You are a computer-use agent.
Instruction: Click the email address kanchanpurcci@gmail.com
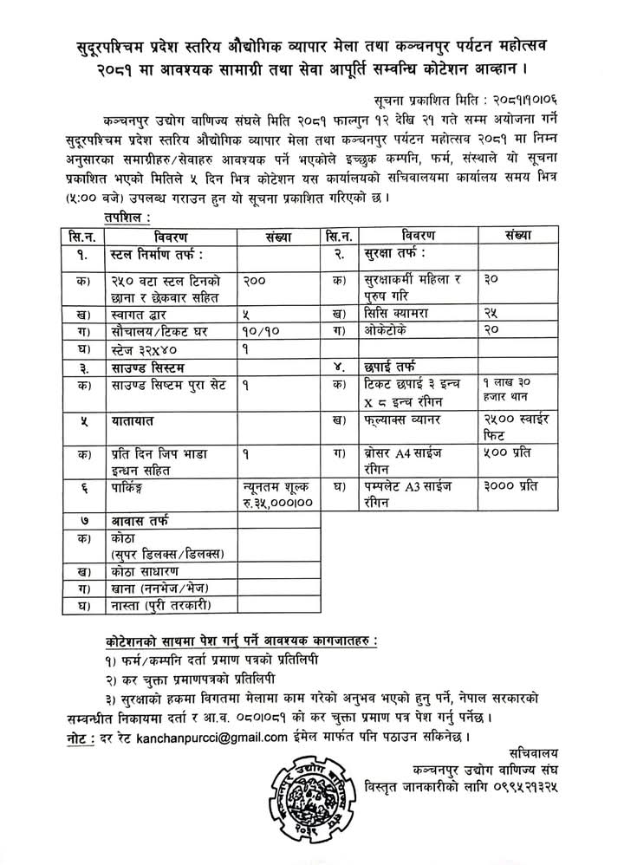pyautogui.click(x=215, y=738)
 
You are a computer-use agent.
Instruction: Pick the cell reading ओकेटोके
pyautogui.click(x=382, y=330)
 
